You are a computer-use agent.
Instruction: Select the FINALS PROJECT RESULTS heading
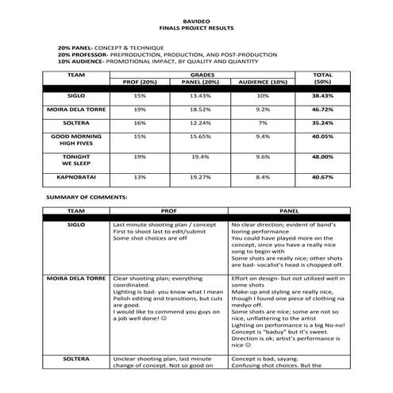[196, 27]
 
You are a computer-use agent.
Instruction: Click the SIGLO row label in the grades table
[77, 95]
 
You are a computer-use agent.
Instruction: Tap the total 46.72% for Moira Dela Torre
[322, 110]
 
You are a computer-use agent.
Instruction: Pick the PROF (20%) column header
[140, 82]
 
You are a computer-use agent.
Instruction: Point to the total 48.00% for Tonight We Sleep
[322, 157]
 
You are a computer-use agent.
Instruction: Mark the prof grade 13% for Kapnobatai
[140, 177]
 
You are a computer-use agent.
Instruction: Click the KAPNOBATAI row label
[77, 177]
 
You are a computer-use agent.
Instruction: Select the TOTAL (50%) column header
[322, 78]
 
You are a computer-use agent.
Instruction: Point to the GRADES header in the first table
[202, 74]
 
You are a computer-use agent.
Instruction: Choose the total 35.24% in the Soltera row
[322, 124]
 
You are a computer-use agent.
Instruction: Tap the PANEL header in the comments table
[288, 212]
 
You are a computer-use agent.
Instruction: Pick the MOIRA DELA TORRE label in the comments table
[77, 279]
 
